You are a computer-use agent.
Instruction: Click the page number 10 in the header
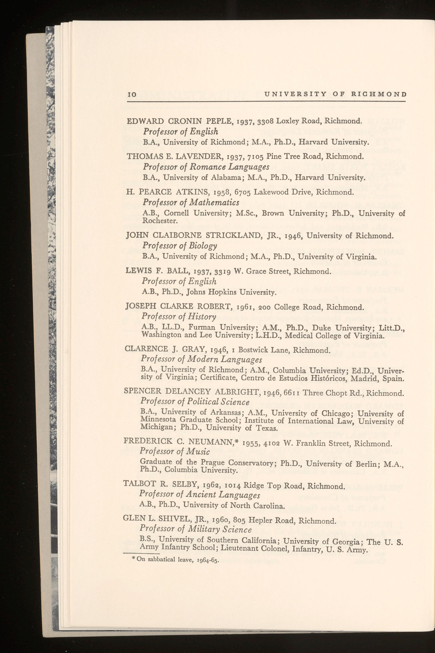[x=132, y=94]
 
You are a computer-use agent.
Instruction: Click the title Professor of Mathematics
[x=191, y=202]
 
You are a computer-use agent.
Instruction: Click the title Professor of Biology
[x=180, y=246]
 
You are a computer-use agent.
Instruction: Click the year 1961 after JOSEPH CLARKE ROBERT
[x=245, y=307]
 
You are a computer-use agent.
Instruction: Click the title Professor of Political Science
[x=195, y=402]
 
